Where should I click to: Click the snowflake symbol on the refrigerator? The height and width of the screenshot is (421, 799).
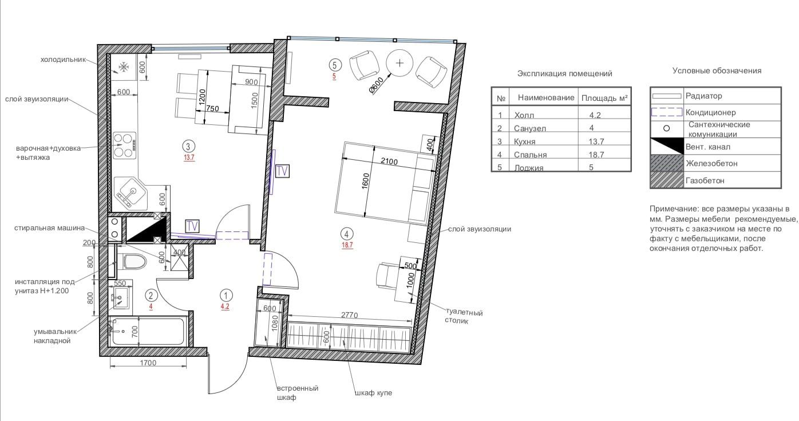[x=124, y=67]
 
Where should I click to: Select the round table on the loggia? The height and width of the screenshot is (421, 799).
[x=400, y=63]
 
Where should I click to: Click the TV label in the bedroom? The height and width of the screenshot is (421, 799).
[x=282, y=171]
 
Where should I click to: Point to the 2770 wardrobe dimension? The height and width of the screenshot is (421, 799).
[x=349, y=315]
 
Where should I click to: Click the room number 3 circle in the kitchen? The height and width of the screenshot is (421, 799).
[x=188, y=146]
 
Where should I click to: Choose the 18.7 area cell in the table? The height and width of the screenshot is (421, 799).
[x=596, y=155]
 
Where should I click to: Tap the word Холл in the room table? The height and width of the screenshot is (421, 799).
[x=524, y=115]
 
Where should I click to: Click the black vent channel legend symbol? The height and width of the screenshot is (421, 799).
[x=666, y=146]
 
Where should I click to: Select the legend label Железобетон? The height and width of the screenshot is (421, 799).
[x=711, y=164]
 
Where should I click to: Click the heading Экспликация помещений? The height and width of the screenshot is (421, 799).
[x=565, y=73]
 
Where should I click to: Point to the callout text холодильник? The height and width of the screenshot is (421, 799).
[x=63, y=60]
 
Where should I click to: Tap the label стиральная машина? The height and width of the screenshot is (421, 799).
[x=50, y=228]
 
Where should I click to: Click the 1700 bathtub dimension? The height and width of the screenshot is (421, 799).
[x=148, y=363]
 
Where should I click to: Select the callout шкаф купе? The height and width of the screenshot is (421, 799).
[x=374, y=393]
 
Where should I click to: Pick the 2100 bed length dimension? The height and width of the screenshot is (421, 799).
[x=389, y=162]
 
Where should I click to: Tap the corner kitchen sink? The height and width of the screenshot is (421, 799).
[x=130, y=194]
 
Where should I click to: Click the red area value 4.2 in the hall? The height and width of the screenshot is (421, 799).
[x=225, y=306]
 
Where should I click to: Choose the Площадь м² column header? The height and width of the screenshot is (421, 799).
[x=604, y=98]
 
